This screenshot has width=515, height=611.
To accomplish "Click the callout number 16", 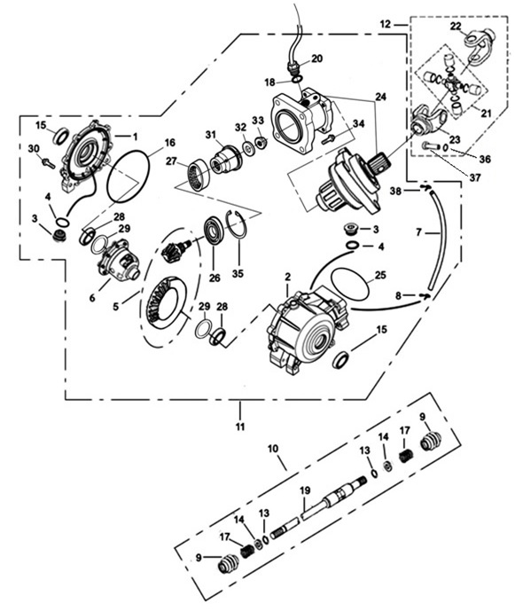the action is tap(169, 142).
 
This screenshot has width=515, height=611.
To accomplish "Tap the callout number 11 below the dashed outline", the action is tap(240, 427).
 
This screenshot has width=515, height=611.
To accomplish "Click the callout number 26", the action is tap(215, 278).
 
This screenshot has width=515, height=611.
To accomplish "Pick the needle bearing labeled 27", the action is tap(199, 174).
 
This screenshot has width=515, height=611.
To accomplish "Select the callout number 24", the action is tap(380, 96).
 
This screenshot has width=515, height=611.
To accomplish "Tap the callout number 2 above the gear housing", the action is tap(287, 277).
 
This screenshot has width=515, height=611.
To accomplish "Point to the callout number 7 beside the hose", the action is tap(418, 232).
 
